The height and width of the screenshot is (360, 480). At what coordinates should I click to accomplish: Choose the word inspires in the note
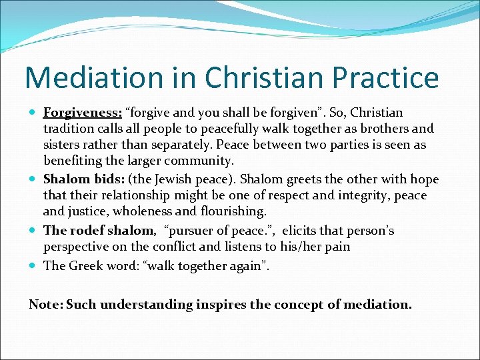(224, 305)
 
